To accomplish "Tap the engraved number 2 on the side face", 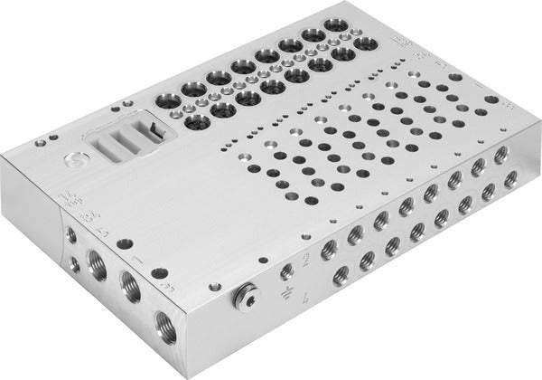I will click(308, 261).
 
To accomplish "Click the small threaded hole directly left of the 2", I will click(287, 270).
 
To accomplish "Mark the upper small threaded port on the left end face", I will click(71, 234).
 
